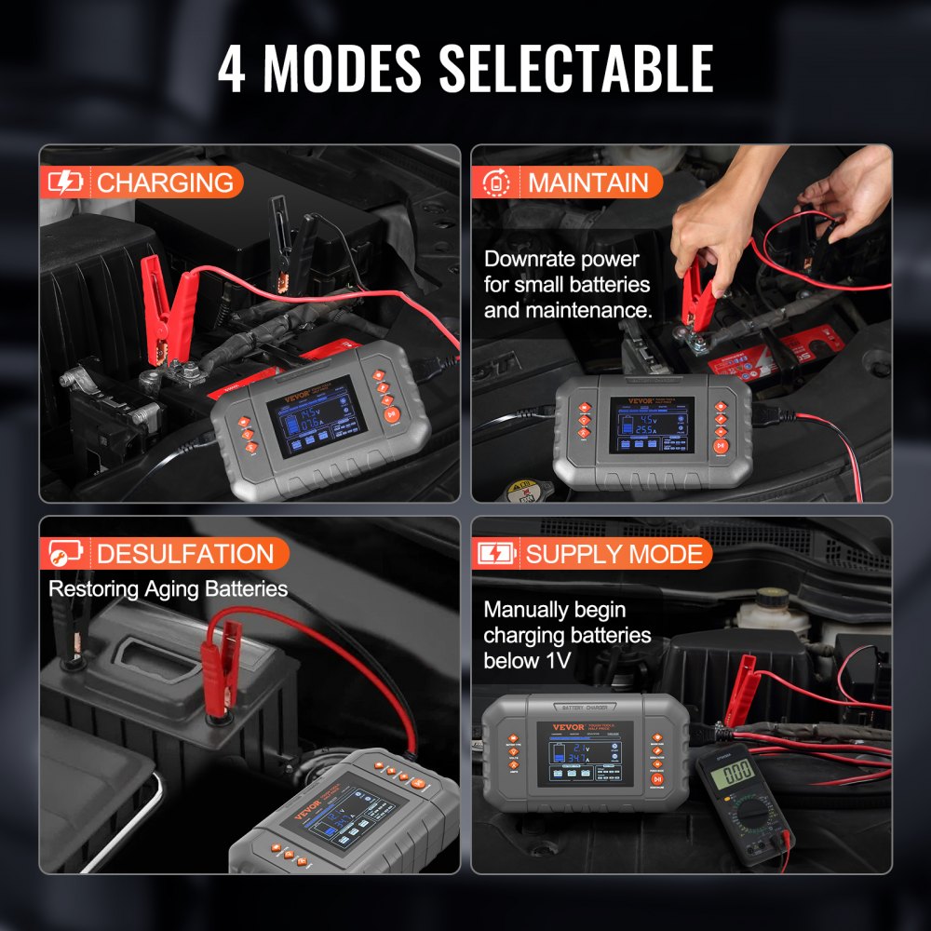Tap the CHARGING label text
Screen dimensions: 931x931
click(x=165, y=182)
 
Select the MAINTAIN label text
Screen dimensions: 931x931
click(x=587, y=182)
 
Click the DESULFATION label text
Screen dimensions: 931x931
click(x=185, y=554)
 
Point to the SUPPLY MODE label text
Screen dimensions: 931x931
click(x=614, y=554)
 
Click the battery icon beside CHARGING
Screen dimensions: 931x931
click(x=65, y=182)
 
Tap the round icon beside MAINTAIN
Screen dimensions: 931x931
click(x=495, y=182)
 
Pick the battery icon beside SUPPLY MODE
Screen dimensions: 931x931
click(x=495, y=554)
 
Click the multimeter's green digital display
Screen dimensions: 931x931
click(x=737, y=770)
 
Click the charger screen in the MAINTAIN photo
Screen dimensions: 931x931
click(x=651, y=425)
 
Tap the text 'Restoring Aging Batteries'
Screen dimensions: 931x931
click(x=168, y=588)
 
